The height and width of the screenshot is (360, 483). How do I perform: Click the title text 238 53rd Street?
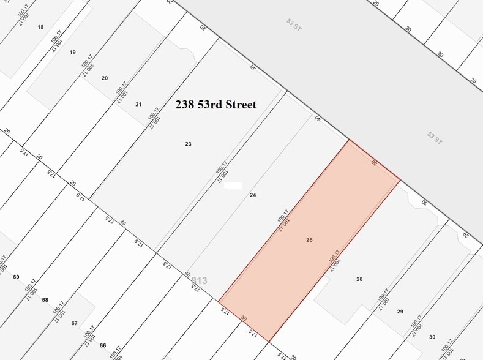tap(216, 105)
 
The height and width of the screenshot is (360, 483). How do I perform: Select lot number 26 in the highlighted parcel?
tap(309, 240)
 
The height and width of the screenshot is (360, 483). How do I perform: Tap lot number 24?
tap(252, 195)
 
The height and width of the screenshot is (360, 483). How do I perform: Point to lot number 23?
tap(189, 144)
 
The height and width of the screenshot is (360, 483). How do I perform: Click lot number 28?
tap(359, 279)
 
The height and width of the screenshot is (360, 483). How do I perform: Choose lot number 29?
tap(400, 312)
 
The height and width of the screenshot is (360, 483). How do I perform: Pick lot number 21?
tap(138, 104)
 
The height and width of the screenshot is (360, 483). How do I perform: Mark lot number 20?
tap(105, 78)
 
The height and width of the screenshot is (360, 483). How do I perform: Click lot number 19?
tap(73, 53)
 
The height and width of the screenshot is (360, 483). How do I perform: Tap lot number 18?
tap(41, 27)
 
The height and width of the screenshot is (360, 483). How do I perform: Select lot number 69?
tap(16, 277)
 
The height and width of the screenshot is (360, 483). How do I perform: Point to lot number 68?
tap(45, 299)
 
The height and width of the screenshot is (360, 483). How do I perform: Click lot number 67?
tap(74, 323)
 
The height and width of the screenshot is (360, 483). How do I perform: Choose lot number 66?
tap(103, 346)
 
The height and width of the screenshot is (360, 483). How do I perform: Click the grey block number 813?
tap(200, 281)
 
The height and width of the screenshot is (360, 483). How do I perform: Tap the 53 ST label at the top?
tap(293, 24)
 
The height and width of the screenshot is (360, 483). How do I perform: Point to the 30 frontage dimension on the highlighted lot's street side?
tap(374, 163)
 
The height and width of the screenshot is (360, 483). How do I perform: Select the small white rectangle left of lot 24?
tap(233, 186)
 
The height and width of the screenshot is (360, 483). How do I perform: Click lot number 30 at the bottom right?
tap(432, 337)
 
